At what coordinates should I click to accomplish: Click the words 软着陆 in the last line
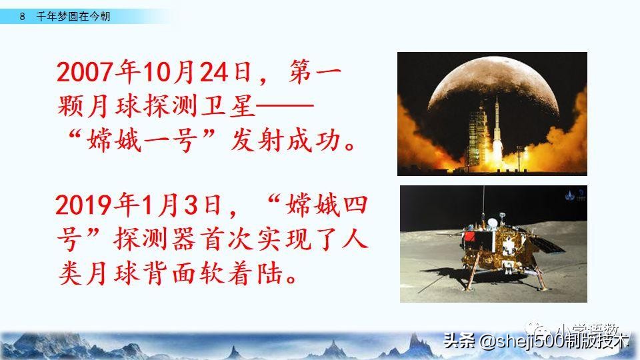point(231,274)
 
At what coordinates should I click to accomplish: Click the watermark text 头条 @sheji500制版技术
point(536,341)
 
